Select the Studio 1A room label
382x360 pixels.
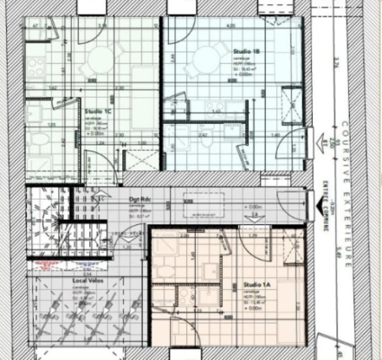[x=255, y=284]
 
